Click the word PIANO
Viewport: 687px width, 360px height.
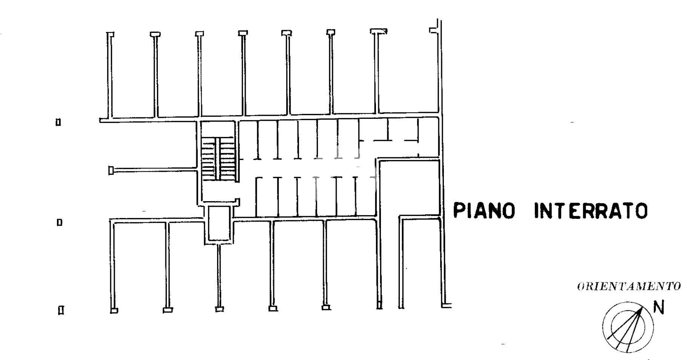click(x=484, y=211)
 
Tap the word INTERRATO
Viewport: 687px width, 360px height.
click(x=591, y=211)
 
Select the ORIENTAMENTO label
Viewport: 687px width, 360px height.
click(x=629, y=286)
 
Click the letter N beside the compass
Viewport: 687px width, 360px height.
click(x=659, y=308)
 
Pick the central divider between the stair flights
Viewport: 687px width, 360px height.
click(x=218, y=158)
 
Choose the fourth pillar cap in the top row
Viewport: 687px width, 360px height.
click(x=243, y=33)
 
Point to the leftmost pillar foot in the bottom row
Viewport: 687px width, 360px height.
click(x=114, y=311)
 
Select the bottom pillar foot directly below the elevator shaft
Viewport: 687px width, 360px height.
click(x=219, y=309)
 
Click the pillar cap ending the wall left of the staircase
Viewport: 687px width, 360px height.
click(x=111, y=171)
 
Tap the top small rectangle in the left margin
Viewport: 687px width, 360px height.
click(x=59, y=122)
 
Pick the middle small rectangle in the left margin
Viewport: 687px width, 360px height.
click(x=59, y=222)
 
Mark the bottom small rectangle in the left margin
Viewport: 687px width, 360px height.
click(x=61, y=311)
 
